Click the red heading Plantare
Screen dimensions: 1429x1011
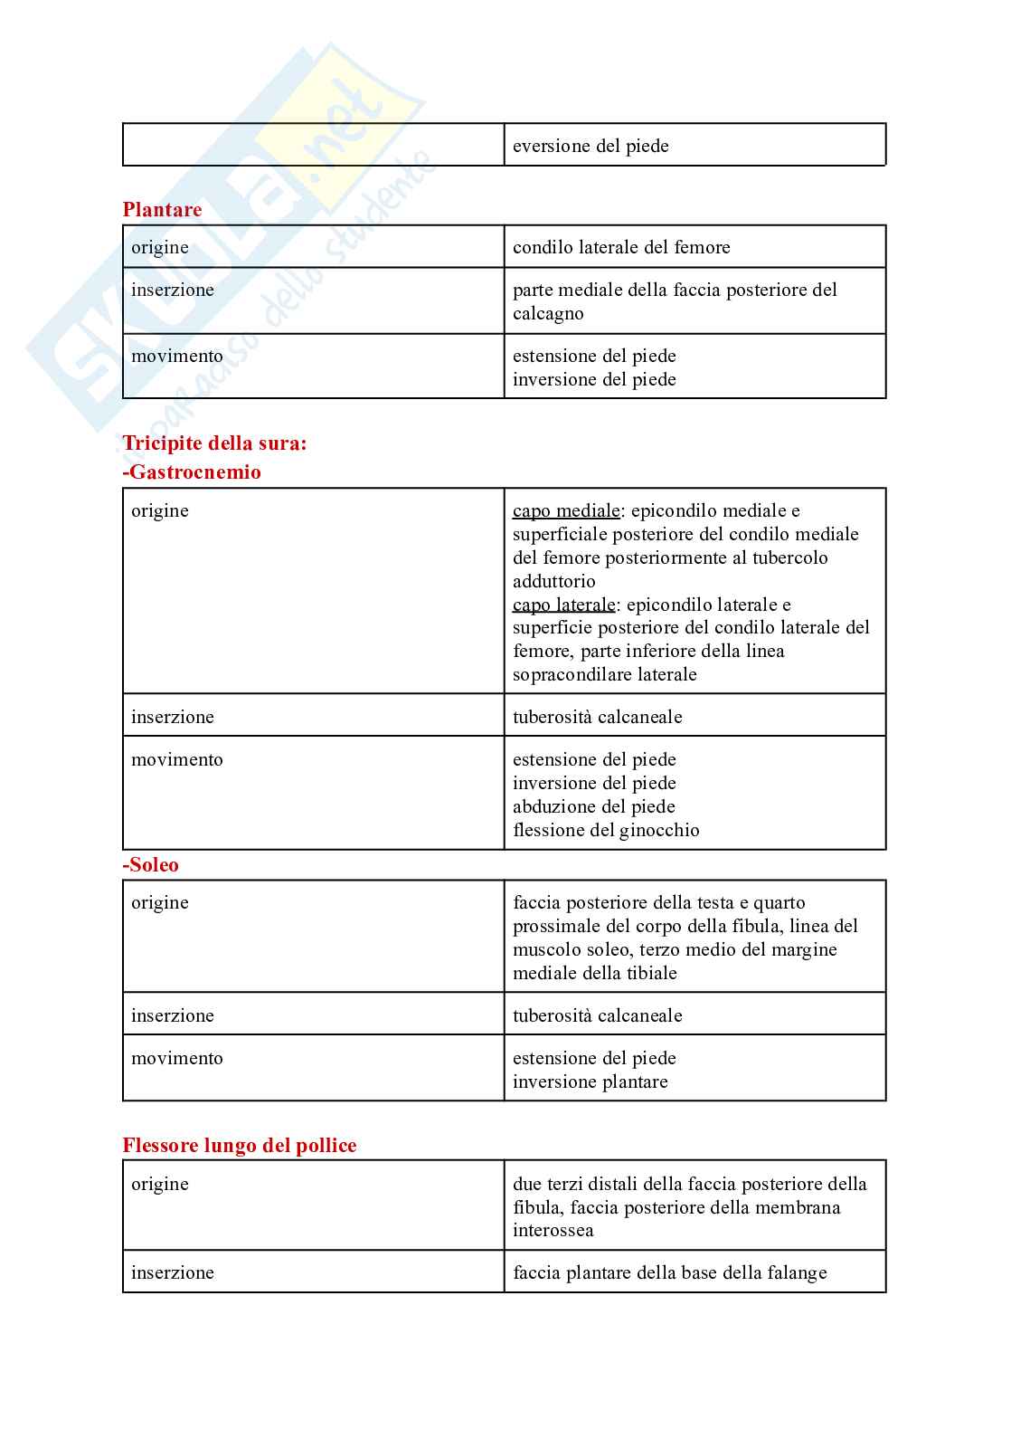(x=162, y=210)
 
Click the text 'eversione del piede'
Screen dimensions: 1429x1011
(x=591, y=146)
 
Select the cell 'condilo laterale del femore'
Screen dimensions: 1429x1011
(x=621, y=247)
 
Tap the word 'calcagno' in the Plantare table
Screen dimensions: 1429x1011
(x=548, y=314)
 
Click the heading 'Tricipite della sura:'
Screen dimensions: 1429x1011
(x=214, y=443)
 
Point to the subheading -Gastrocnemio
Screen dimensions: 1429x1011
(x=192, y=472)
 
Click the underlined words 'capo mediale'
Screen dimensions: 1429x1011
(x=566, y=511)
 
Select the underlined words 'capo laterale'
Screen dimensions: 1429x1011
(x=563, y=605)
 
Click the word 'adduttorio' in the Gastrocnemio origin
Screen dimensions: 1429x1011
(x=553, y=581)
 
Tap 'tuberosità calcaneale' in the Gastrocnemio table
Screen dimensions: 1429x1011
(x=597, y=717)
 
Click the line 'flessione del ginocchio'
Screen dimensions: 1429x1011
(x=606, y=830)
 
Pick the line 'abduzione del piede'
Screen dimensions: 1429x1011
(x=594, y=806)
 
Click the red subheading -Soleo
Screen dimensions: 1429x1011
(x=151, y=865)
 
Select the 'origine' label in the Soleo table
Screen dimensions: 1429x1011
(x=160, y=902)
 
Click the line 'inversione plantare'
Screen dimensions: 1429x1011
(x=590, y=1081)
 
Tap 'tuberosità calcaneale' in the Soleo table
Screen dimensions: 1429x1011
(x=597, y=1015)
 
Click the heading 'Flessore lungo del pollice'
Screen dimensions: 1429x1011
(x=240, y=1146)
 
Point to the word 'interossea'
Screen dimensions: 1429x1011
(x=553, y=1231)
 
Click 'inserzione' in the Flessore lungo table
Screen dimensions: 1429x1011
(x=173, y=1272)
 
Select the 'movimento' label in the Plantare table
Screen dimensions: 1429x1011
(x=177, y=357)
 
